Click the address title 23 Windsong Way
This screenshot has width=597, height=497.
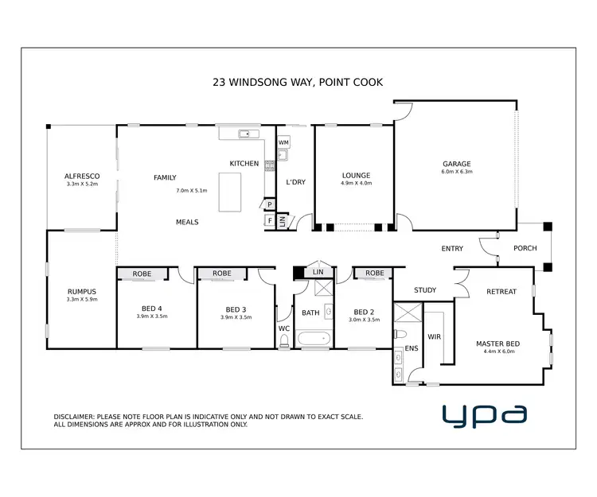(298, 81)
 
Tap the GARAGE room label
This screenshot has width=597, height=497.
(457, 165)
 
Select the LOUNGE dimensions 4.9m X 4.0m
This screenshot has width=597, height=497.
(356, 184)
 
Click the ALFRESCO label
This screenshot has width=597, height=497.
(81, 176)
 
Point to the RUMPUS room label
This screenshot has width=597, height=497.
(81, 291)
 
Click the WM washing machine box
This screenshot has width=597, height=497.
(283, 142)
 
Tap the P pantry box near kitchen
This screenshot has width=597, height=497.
(271, 204)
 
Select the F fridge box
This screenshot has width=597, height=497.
(271, 220)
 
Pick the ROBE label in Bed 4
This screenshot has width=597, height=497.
(142, 274)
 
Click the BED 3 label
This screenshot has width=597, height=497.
(236, 309)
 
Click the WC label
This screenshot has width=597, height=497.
(283, 328)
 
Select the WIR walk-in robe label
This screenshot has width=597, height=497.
(435, 336)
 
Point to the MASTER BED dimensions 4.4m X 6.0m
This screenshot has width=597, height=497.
(496, 352)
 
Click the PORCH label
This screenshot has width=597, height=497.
(525, 248)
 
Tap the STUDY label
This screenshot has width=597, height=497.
(426, 290)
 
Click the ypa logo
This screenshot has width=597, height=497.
(484, 414)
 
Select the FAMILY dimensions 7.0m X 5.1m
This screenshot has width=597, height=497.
(191, 191)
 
